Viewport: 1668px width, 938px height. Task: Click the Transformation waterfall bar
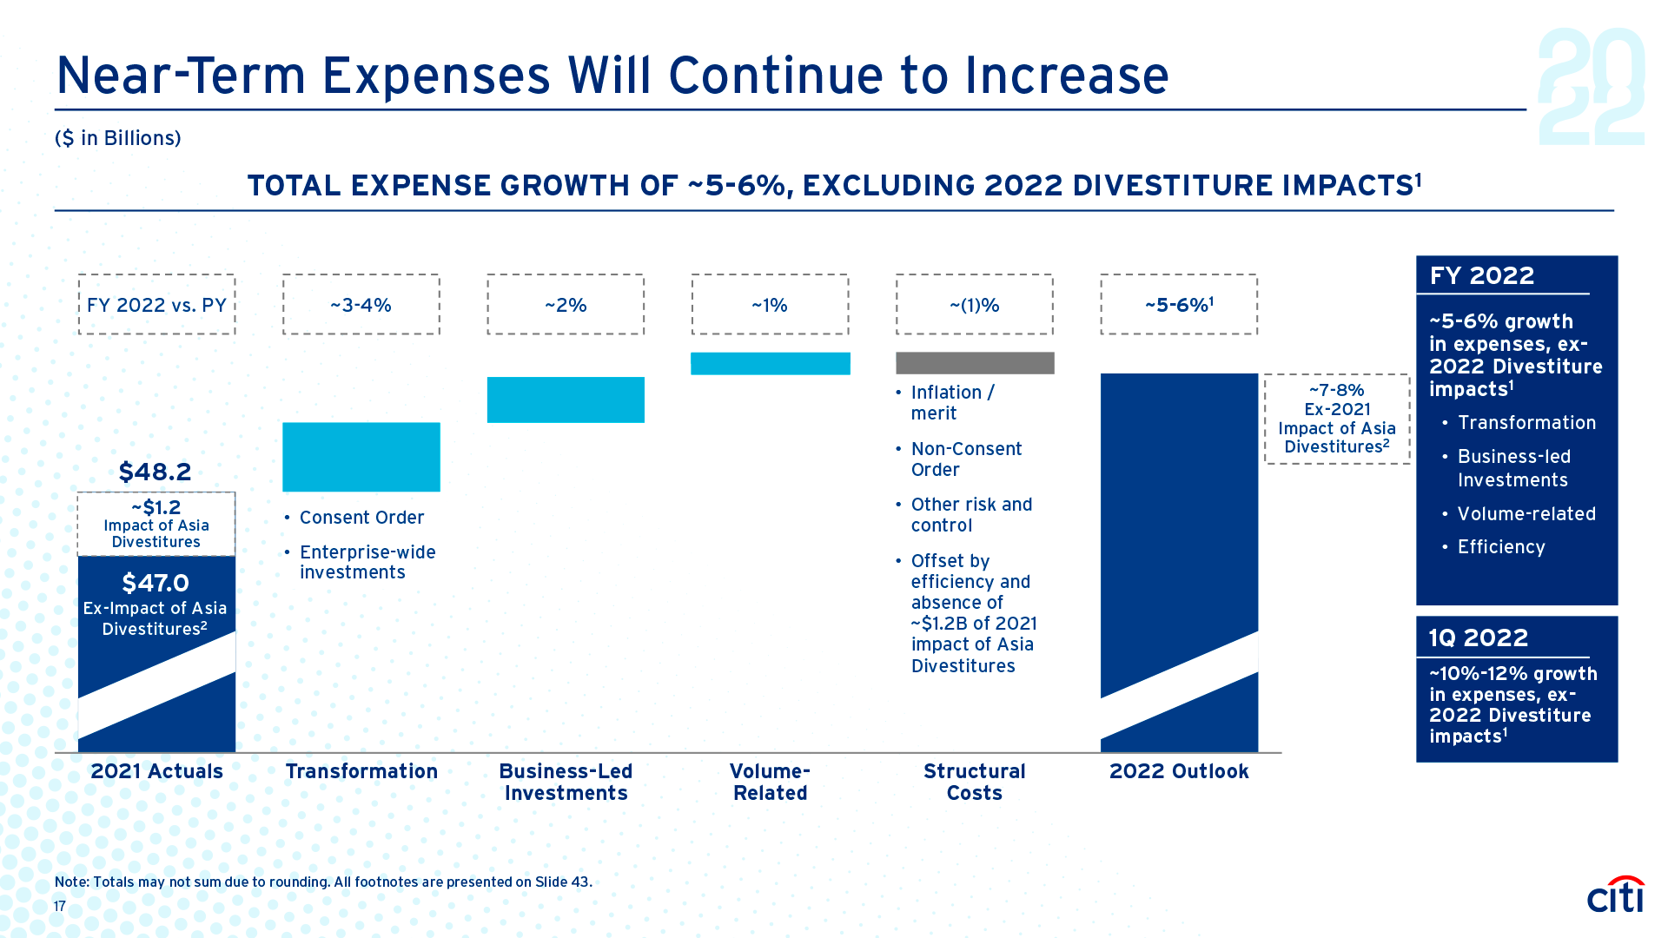[361, 457]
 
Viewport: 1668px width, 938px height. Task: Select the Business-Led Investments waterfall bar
[566, 400]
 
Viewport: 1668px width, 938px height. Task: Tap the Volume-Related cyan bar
[770, 363]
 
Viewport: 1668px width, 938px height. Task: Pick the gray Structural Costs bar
[975, 363]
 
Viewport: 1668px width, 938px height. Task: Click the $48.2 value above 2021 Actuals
[155, 472]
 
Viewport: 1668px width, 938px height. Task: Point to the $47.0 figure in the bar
[156, 583]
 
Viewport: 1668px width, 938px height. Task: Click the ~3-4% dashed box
[361, 305]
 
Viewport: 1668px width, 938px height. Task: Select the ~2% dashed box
[566, 305]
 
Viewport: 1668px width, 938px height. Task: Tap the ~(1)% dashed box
[975, 305]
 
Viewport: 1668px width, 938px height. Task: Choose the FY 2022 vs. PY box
[156, 305]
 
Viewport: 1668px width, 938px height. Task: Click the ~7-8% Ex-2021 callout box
[1337, 419]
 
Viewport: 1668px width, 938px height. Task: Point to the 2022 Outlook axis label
[1179, 771]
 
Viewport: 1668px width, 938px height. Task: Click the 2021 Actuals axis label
[156, 771]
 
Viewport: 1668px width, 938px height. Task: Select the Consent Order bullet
[361, 518]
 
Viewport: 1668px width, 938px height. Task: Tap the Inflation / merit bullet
[952, 403]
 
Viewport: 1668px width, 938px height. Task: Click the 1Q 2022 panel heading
[1478, 637]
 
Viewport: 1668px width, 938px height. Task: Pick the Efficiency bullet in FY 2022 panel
[1501, 547]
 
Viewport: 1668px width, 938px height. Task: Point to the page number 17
[60, 906]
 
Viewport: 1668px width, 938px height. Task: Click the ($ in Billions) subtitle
[118, 138]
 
